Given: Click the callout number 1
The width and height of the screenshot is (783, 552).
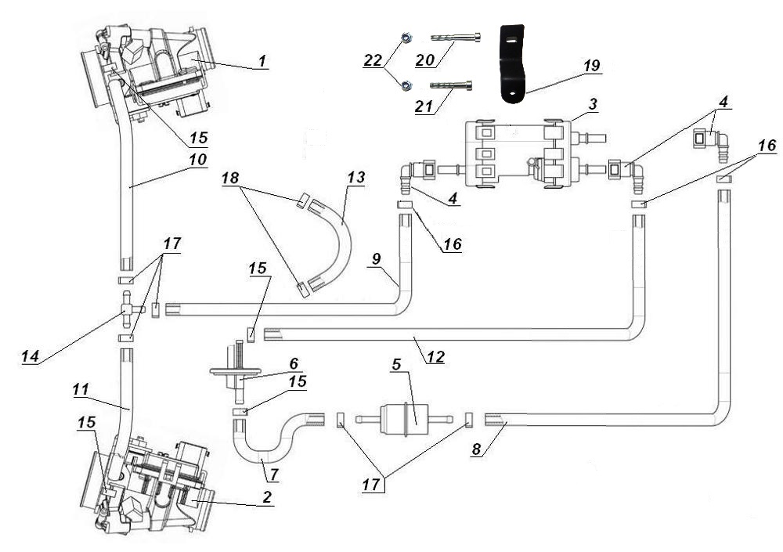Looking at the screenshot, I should tap(262, 60).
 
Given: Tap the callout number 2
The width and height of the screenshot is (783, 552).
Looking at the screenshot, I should tap(267, 497).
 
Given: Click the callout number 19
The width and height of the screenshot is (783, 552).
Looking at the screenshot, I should tap(593, 65).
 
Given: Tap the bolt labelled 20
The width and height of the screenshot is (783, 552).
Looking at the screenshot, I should tap(455, 37).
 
